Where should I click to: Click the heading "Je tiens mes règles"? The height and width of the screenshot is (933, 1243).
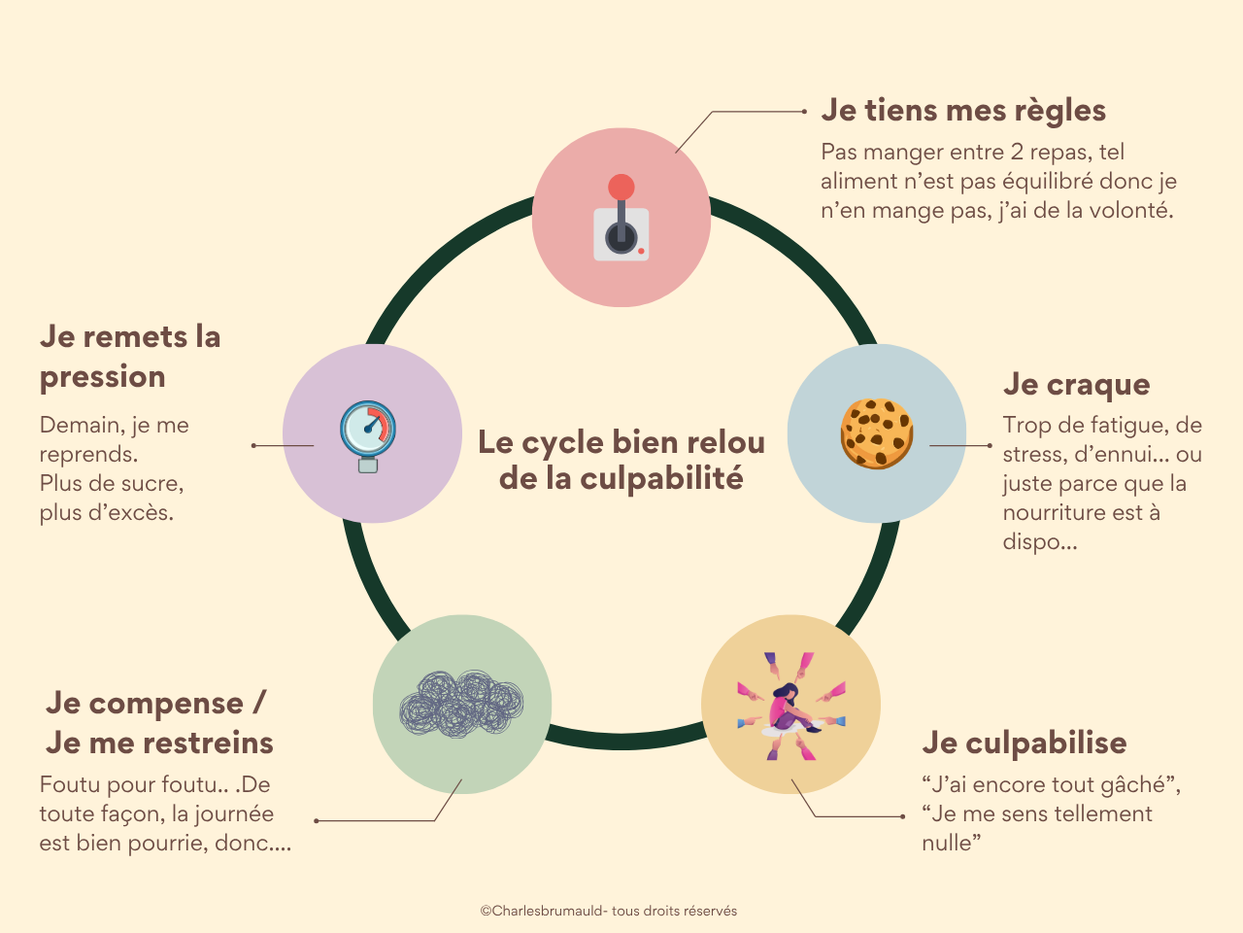coord(963,111)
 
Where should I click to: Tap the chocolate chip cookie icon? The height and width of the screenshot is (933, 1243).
coord(877,433)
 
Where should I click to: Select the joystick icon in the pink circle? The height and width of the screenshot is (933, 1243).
coord(621,221)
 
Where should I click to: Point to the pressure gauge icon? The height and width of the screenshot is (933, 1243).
coord(368,434)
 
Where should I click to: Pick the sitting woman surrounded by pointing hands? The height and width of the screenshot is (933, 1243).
coord(790,707)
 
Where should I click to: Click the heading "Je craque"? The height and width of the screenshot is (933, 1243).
coord(1076,385)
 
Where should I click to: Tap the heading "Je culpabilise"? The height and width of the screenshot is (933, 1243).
coord(1025,743)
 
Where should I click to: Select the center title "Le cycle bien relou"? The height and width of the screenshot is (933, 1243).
coord(621,442)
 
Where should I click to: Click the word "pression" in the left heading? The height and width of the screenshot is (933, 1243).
coord(103,377)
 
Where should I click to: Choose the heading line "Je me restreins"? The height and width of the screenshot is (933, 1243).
coord(160,743)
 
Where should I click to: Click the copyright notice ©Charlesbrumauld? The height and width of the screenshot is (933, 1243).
coord(609,912)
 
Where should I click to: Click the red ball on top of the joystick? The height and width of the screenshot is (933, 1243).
coord(621,187)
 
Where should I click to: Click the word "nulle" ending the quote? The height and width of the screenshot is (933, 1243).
coord(947,844)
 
